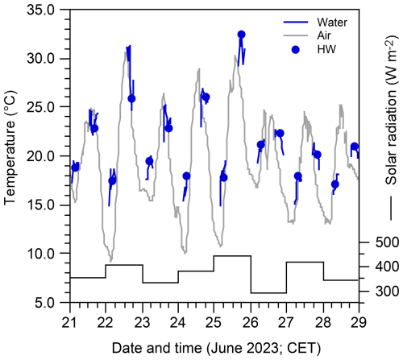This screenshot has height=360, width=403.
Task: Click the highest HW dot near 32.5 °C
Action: coord(241,35)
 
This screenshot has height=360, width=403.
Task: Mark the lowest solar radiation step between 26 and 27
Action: coord(268,293)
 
